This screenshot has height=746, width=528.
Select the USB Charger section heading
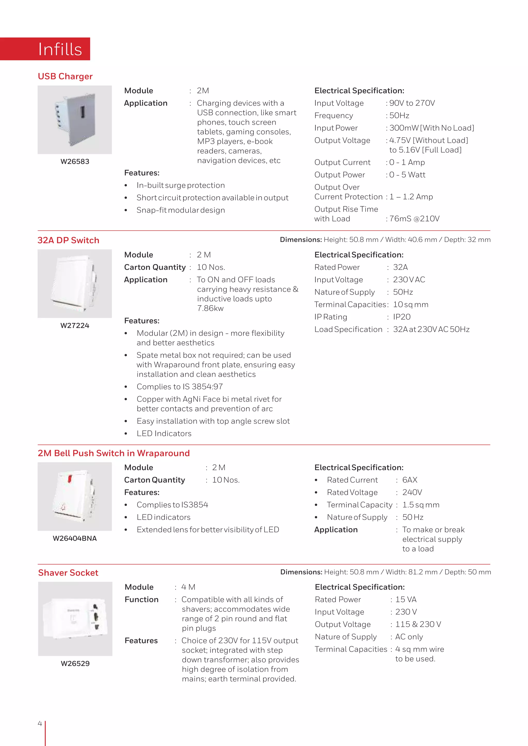[65, 76]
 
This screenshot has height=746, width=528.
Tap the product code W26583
[75, 162]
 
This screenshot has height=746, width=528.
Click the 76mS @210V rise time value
[414, 219]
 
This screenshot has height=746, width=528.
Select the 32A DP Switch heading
[68, 240]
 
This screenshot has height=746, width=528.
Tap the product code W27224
[75, 326]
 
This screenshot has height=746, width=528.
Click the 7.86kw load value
[210, 308]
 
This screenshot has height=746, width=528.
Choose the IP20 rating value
[402, 317]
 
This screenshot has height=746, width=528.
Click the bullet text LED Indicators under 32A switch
[164, 434]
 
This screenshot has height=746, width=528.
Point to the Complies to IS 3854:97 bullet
[179, 387]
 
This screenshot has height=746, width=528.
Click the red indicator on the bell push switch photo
[70, 478]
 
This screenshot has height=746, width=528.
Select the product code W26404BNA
[75, 538]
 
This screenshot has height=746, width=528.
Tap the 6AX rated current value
[410, 480]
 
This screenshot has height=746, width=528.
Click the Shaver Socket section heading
[68, 573]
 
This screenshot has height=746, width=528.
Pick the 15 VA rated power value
[406, 599]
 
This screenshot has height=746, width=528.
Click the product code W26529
[75, 664]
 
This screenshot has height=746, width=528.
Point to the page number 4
[40, 724]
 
